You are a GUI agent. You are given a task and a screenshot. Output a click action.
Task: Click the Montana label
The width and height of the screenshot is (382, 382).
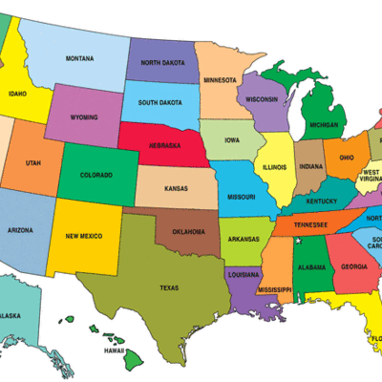pyautogui.click(x=80, y=59)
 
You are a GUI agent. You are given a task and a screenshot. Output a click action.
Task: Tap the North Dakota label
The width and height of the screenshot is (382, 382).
pyautogui.click(x=162, y=63)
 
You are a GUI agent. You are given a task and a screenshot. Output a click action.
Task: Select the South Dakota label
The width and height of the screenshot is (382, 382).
pyautogui.click(x=160, y=101)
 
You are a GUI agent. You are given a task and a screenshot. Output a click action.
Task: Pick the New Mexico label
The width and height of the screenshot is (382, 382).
pyautogui.click(x=84, y=236)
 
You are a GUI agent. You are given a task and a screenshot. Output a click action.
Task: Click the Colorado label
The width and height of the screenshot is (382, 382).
pyautogui.click(x=95, y=175)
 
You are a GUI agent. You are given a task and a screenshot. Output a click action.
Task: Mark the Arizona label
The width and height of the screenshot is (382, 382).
pyautogui.click(x=21, y=230)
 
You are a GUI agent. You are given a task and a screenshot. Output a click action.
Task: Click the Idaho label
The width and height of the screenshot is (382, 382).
pyautogui.click(x=17, y=95)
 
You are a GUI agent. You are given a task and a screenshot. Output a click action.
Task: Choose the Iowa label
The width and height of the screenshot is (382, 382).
pyautogui.click(x=232, y=140)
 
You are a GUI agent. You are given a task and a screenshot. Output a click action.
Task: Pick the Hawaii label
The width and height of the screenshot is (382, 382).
pyautogui.click(x=116, y=350)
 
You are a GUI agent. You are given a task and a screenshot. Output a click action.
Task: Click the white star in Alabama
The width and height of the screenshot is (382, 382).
pyautogui.click(x=298, y=243)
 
